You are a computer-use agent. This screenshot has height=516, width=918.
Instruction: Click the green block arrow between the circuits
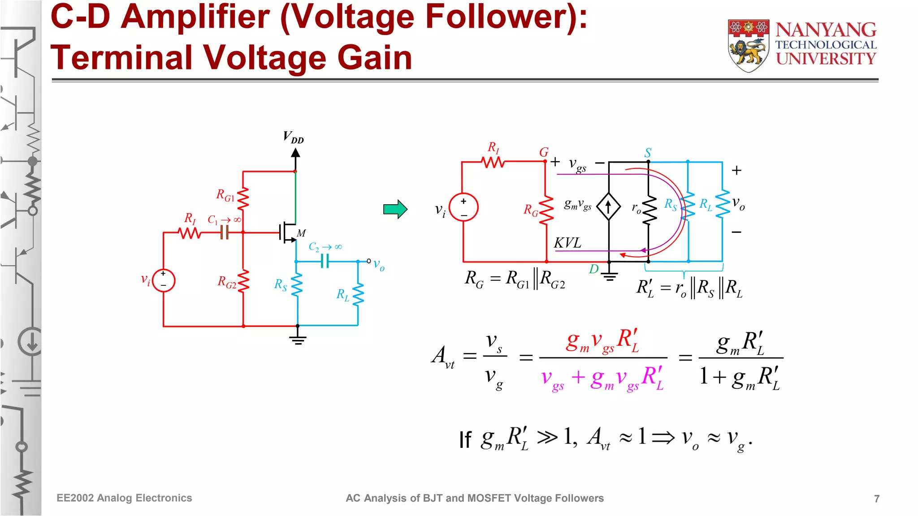tap(395, 209)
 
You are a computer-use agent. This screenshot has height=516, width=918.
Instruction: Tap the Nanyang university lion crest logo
tap(748, 45)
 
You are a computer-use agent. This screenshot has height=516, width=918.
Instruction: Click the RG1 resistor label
tap(225, 195)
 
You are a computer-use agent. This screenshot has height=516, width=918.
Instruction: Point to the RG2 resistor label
tap(226, 282)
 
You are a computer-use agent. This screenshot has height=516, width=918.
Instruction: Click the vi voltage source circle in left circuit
tap(164, 280)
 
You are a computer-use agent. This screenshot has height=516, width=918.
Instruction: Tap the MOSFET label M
tap(301, 233)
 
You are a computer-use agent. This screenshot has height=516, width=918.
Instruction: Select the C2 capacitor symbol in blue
tap(325, 261)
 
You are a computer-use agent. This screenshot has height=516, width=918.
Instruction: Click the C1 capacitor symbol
tap(225, 232)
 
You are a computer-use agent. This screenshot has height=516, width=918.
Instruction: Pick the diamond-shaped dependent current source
tap(608, 207)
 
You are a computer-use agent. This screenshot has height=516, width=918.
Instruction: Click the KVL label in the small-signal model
tap(567, 243)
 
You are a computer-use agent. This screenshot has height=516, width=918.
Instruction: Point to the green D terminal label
tap(594, 269)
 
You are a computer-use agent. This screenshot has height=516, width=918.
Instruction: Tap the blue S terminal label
tap(648, 153)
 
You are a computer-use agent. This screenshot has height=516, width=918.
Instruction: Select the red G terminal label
tap(544, 152)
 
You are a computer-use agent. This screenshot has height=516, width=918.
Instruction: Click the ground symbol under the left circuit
tap(298, 340)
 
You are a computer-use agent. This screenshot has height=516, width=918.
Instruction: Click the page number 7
tap(876, 499)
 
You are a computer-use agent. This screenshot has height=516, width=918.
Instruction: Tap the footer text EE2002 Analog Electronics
tap(124, 498)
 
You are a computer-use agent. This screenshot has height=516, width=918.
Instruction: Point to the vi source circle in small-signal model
tap(463, 207)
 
